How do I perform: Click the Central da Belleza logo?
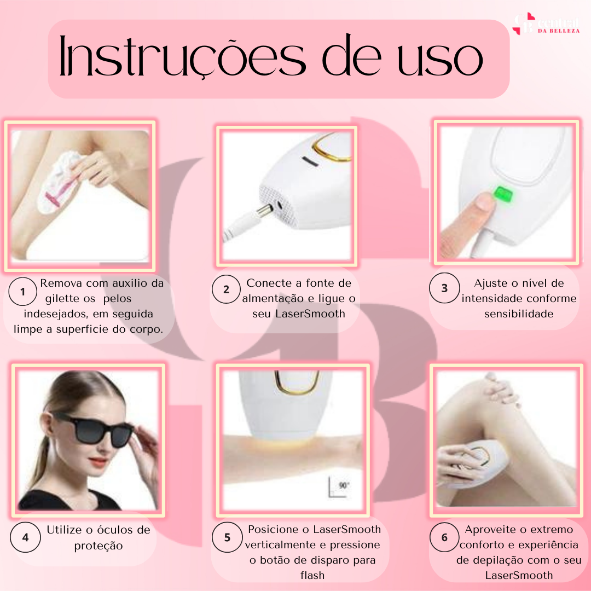[x=546, y=24]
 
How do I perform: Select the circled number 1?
[x=22, y=291]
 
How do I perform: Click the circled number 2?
[x=226, y=289]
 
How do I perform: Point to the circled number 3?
[x=444, y=288]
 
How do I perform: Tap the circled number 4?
[x=25, y=537]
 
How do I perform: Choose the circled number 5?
[x=227, y=537]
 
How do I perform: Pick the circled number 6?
[x=444, y=537]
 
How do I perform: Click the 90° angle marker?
[x=339, y=488]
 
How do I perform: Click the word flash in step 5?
[x=312, y=575]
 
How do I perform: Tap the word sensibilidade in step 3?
[x=519, y=314]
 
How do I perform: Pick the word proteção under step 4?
[x=99, y=546]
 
